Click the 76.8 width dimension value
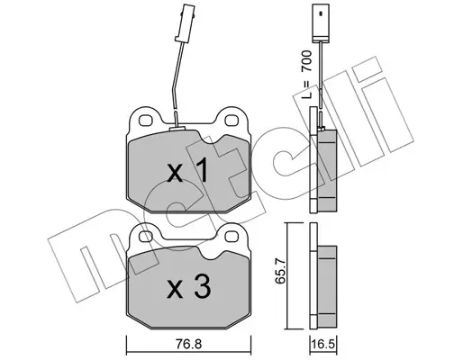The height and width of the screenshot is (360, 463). (x=189, y=344)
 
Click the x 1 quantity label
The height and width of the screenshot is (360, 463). (x=187, y=171)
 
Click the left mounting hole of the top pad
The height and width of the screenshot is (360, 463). (x=145, y=121)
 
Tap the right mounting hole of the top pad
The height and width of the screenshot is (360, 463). (x=231, y=121)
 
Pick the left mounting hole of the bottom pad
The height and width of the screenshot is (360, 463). (x=145, y=236)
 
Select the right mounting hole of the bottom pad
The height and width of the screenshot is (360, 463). (x=231, y=236)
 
